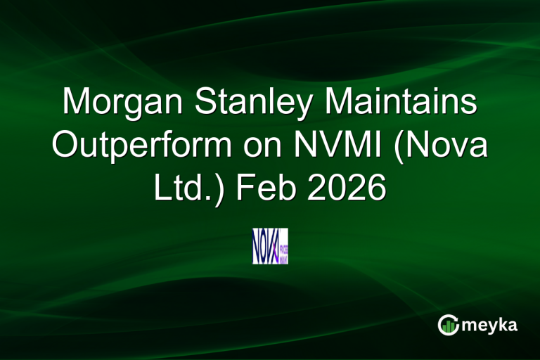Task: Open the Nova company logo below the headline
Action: [x=270, y=246]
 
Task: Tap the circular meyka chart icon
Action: [x=448, y=324]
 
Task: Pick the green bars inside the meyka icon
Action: [x=449, y=326]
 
